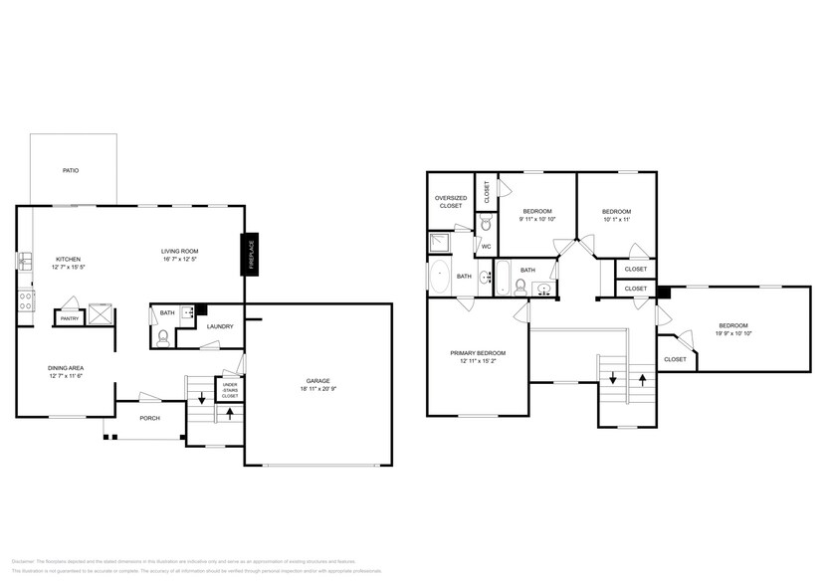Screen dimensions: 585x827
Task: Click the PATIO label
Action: click(x=71, y=171)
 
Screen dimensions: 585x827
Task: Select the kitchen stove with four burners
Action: click(x=25, y=298)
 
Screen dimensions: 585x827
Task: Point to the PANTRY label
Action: click(x=70, y=318)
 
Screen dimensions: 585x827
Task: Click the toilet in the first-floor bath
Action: click(x=165, y=336)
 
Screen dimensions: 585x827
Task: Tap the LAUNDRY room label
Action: click(x=220, y=325)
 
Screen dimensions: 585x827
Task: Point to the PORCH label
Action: click(x=150, y=419)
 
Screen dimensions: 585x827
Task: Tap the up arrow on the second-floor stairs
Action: click(x=642, y=379)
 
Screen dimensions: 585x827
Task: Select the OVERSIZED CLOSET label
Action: click(x=450, y=201)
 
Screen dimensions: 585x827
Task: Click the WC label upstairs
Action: click(x=487, y=246)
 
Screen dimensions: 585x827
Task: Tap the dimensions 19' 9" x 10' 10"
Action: click(x=733, y=332)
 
